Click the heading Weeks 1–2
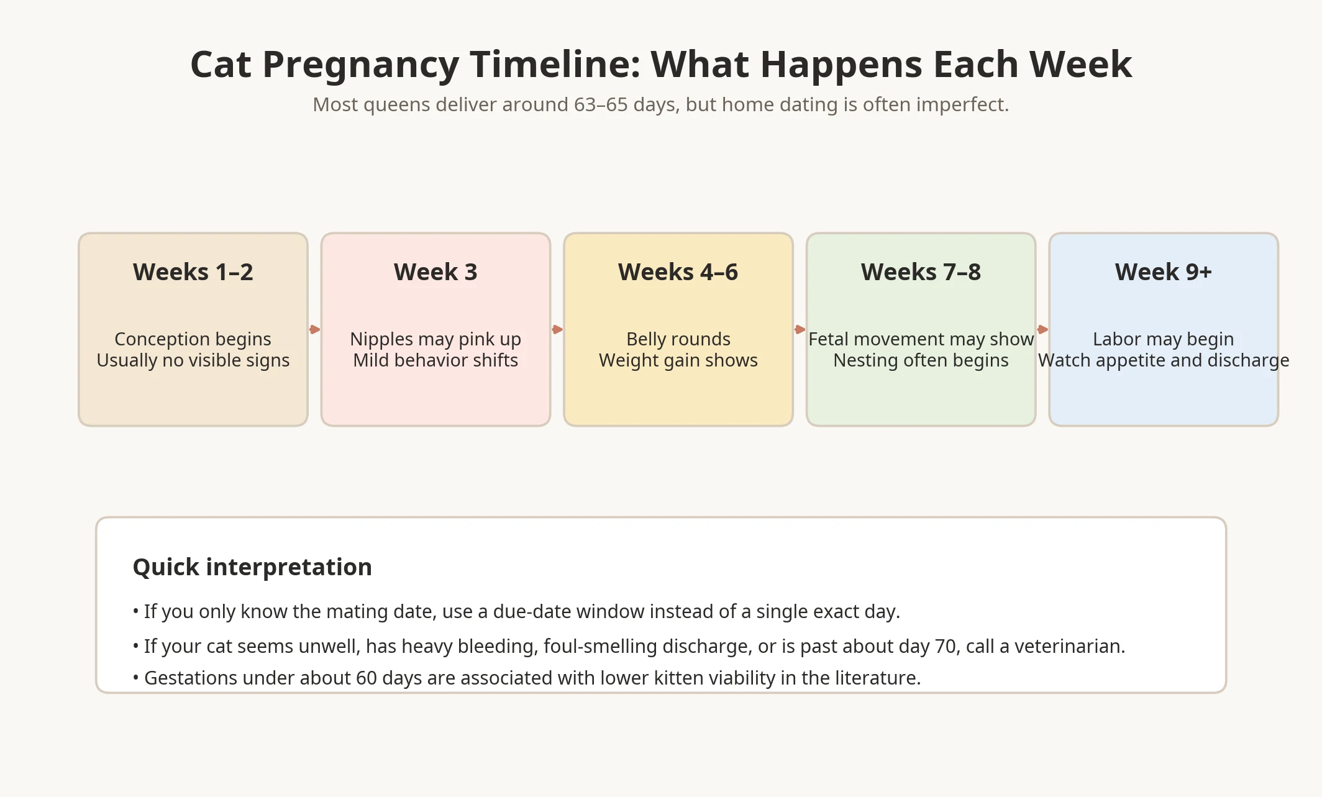click(193, 272)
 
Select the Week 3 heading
click(435, 272)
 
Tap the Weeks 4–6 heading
click(678, 272)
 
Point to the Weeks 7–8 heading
click(921, 272)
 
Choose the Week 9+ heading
click(1163, 272)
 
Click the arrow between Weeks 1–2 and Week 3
click(315, 329)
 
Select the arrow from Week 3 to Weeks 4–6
click(557, 329)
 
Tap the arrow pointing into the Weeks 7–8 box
click(800, 329)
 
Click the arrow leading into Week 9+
click(1042, 329)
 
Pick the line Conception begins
click(193, 339)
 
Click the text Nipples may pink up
click(435, 339)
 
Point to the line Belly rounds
click(678, 339)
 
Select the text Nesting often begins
click(921, 360)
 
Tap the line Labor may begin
click(1163, 339)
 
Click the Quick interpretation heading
click(252, 567)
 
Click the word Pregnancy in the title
click(360, 65)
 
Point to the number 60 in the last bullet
click(366, 678)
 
